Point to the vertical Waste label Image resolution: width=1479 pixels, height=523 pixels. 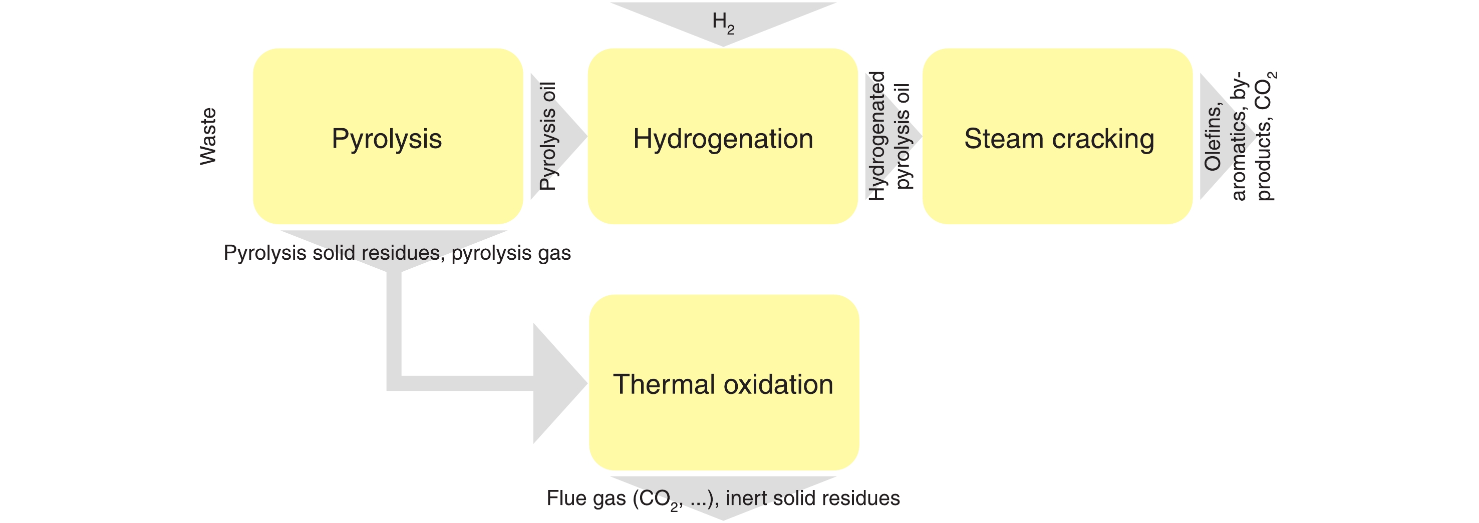pyautogui.click(x=208, y=137)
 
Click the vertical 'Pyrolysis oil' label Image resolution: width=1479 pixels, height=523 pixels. pyautogui.click(x=548, y=137)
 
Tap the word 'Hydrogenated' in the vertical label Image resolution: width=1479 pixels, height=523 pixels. pyautogui.click(x=876, y=137)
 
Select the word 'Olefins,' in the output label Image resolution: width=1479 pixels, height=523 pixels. pyautogui.click(x=1213, y=138)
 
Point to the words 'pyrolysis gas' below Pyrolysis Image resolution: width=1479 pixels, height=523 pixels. pyautogui.click(x=511, y=253)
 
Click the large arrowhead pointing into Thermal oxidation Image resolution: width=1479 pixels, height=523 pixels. pyautogui.click(x=557, y=383)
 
